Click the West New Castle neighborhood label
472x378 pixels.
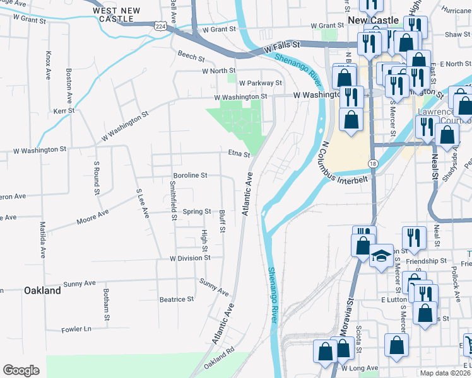(x=119, y=15)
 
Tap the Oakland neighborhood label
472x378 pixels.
(x=42, y=290)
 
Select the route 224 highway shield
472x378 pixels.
(x=161, y=26)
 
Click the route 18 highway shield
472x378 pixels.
(x=374, y=163)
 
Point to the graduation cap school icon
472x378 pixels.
(x=381, y=256)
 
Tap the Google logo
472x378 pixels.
(x=21, y=370)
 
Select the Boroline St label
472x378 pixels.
(x=191, y=176)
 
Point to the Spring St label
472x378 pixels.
(x=198, y=212)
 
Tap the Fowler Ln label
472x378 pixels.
(x=76, y=329)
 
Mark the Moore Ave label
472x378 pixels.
(x=92, y=217)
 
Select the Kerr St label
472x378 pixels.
(x=64, y=110)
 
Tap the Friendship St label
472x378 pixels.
(x=426, y=260)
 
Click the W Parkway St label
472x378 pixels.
(x=260, y=83)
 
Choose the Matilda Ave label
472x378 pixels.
(x=43, y=239)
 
